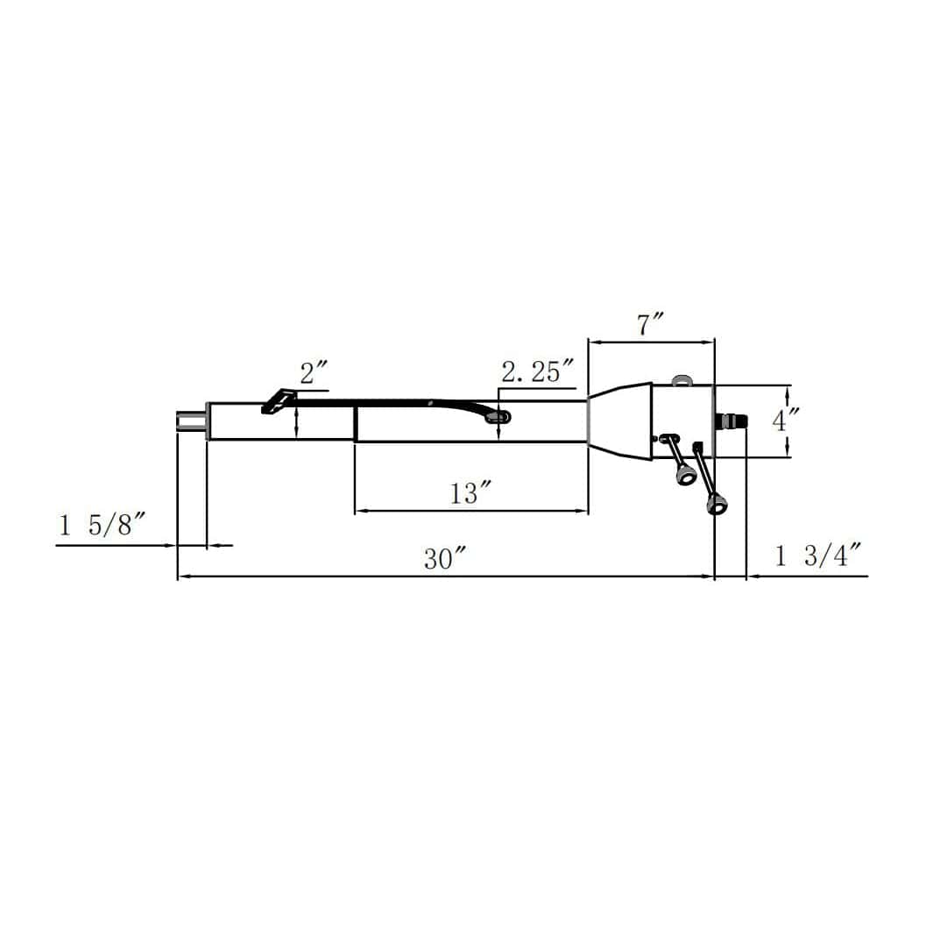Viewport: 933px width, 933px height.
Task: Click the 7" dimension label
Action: pos(650,324)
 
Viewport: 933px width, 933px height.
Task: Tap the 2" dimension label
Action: pos(314,373)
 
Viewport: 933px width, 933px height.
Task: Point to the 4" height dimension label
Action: pos(786,421)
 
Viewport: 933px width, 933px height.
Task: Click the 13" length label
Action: pos(470,493)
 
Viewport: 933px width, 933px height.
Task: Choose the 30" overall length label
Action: pos(444,559)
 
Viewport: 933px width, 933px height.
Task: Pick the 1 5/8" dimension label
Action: pos(102,525)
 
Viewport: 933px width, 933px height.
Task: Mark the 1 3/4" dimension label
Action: pos(819,555)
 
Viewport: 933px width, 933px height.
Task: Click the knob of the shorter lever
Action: pos(687,476)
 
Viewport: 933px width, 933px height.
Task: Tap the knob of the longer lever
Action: pos(716,505)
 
